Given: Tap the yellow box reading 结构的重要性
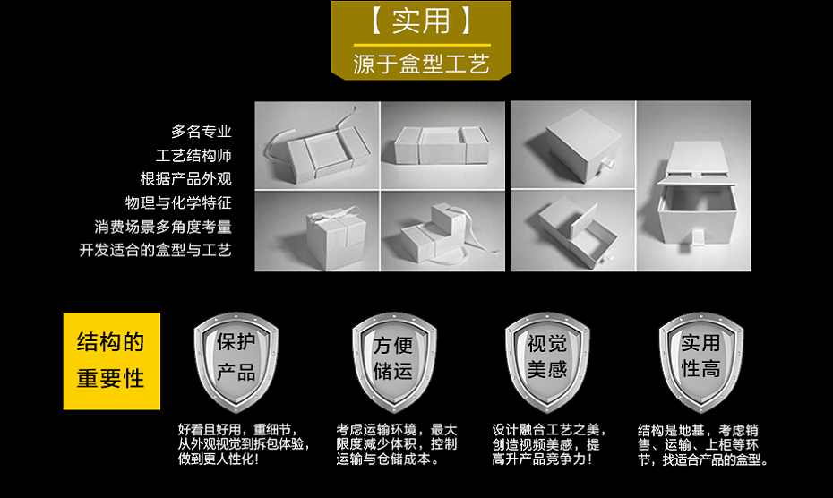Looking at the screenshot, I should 111,360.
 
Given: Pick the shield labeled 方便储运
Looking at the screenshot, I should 393,358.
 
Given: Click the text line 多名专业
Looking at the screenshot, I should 202,132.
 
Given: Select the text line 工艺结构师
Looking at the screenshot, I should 193,155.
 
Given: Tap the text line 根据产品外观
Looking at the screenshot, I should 185,178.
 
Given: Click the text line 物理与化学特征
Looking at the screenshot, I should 178,202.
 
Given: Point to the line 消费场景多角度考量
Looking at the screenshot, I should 163,226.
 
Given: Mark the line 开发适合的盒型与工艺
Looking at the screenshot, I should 155,250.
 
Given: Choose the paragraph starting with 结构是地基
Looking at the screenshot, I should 702,444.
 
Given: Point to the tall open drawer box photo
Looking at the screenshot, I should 693,186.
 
